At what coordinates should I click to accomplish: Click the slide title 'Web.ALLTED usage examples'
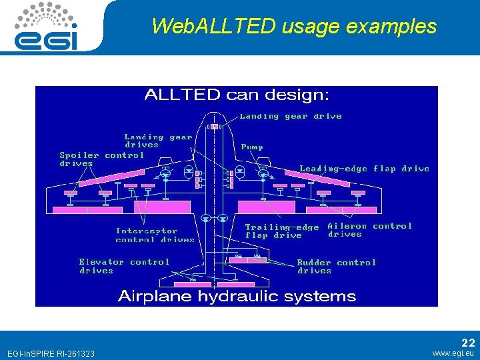293,26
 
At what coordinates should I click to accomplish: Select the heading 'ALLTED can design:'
237,95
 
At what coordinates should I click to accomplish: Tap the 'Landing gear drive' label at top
291,116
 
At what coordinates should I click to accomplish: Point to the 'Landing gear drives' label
158,141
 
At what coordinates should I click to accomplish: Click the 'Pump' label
252,147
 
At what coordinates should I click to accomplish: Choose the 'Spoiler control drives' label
101,159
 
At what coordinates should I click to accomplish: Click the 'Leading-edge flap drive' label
364,169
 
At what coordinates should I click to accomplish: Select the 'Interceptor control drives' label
155,235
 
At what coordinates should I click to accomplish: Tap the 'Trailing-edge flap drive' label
282,231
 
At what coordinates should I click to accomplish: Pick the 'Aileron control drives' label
369,230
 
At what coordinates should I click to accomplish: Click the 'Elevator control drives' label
124,266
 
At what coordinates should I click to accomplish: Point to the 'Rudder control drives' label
336,267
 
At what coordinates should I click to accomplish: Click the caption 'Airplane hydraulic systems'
237,296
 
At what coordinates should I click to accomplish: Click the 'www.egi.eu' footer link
453,353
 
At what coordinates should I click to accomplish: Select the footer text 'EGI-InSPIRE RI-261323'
50,353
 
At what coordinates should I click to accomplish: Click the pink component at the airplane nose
213,126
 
